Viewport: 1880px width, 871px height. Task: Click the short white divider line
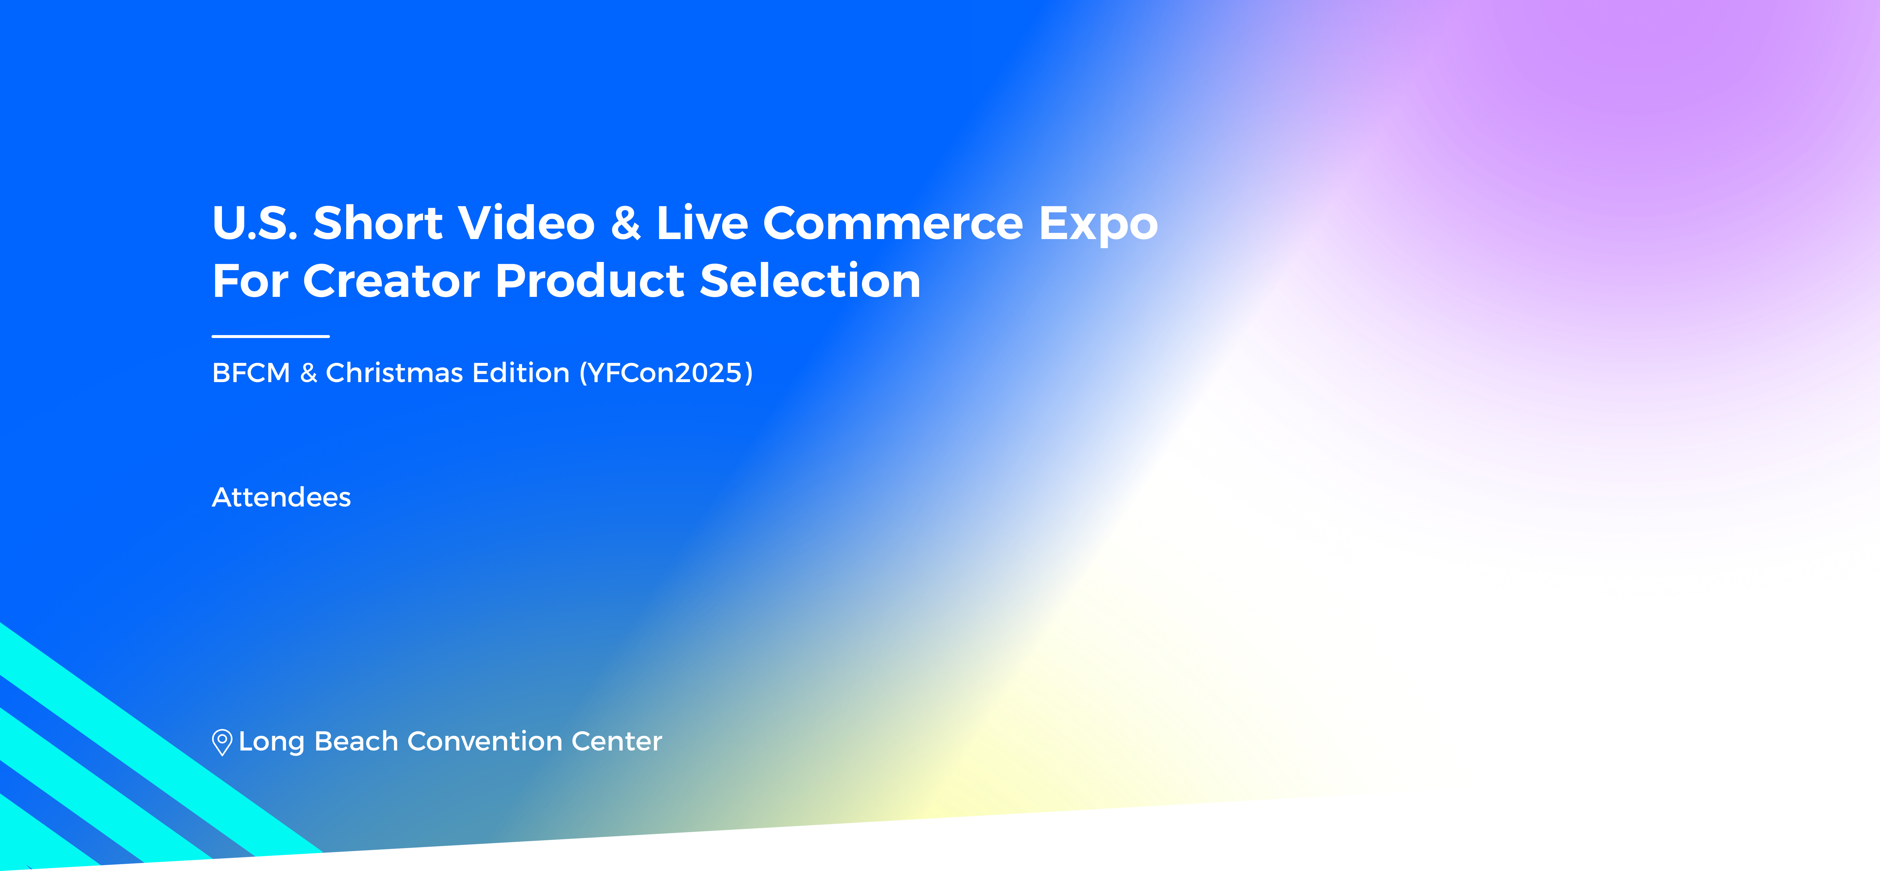click(271, 337)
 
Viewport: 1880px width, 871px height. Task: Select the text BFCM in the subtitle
click(251, 373)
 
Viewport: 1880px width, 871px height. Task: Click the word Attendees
click(281, 497)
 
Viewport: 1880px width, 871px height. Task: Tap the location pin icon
click(222, 743)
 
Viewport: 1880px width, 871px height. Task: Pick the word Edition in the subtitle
click(520, 373)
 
